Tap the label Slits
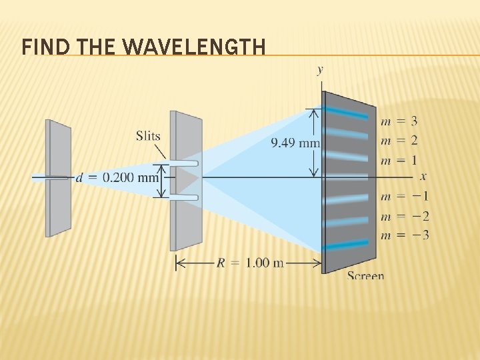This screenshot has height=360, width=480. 148,137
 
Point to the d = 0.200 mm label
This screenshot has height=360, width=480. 117,177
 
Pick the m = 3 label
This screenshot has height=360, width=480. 399,121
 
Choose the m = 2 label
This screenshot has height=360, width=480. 399,141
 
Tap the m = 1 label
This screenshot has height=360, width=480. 399,160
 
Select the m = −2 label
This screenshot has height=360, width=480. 404,215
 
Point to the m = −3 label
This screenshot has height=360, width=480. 404,235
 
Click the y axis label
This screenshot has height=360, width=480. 321,69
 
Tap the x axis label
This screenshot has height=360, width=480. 423,177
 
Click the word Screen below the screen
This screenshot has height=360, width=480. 365,275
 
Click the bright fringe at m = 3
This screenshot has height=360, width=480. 346,114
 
